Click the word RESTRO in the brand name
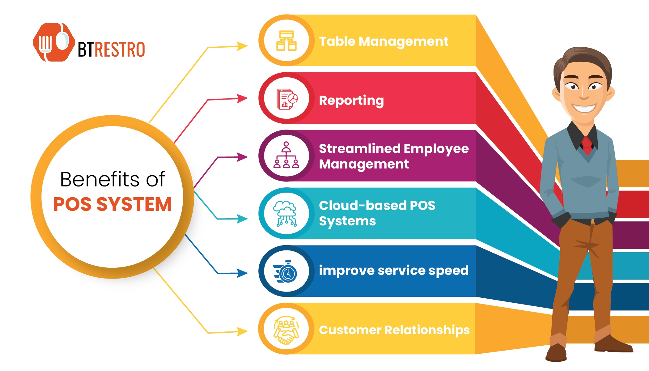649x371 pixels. coord(119,50)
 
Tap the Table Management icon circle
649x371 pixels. coord(286,41)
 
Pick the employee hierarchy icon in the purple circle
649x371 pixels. coord(286,155)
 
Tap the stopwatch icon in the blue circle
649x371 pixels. coord(286,271)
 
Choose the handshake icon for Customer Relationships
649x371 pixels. coord(286,329)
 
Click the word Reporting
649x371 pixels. coord(351,100)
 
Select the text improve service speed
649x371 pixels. coord(393,271)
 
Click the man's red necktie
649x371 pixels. coord(587,145)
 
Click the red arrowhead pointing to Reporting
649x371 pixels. coord(243,98)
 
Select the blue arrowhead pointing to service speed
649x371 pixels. coord(243,273)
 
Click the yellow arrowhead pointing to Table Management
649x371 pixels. coord(243,46)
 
